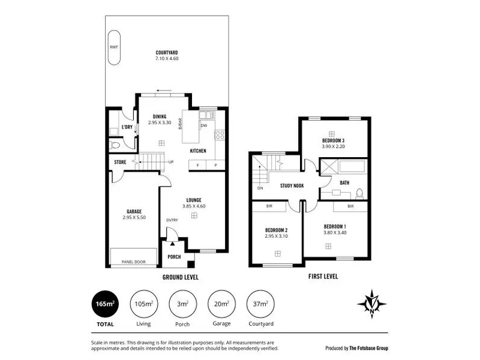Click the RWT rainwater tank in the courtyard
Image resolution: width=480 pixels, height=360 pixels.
(114, 47)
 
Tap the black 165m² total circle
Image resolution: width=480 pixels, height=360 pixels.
(105, 304)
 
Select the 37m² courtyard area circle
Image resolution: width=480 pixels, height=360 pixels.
(260, 304)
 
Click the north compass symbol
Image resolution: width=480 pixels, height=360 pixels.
(372, 304)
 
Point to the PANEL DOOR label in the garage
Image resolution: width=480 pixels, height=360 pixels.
(133, 262)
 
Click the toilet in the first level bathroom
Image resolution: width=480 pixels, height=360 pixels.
(359, 194)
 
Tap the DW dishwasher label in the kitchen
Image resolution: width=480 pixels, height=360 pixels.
(204, 125)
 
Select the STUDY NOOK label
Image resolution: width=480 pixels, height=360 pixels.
(292, 185)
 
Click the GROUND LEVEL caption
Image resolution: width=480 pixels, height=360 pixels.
(181, 277)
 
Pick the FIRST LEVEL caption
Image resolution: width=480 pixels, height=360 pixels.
(323, 277)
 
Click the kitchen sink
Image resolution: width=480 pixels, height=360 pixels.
(207, 115)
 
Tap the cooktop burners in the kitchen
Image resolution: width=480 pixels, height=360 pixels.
(220, 135)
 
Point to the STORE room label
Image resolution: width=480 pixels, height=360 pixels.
(120, 162)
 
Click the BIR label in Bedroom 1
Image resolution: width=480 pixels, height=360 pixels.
(350, 206)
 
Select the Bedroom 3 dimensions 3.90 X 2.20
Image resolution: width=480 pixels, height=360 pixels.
(333, 146)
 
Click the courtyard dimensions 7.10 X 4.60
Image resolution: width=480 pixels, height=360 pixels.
(167, 58)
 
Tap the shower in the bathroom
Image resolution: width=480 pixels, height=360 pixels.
(329, 167)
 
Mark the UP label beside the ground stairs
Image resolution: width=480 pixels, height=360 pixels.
(171, 162)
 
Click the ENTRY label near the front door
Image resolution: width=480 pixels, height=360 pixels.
(172, 220)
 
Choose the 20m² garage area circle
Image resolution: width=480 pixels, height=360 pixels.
(221, 304)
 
